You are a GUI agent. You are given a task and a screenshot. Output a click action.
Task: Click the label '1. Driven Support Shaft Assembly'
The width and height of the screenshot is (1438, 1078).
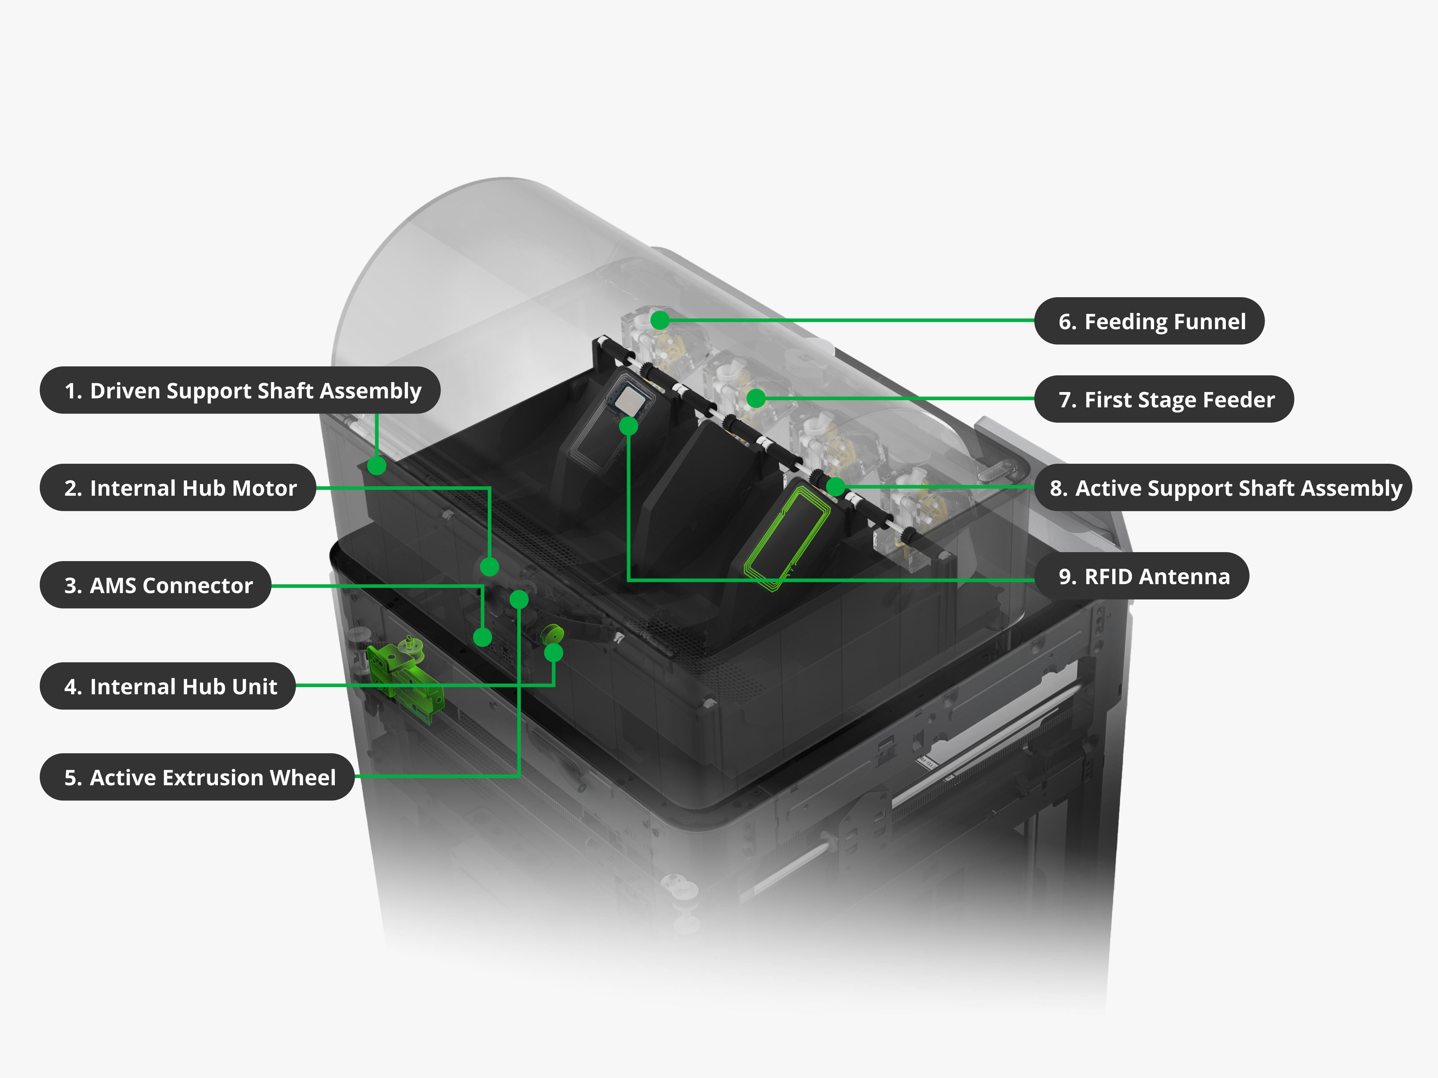point(240,390)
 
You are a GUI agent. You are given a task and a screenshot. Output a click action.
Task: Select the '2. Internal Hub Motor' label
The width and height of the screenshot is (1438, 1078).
point(178,488)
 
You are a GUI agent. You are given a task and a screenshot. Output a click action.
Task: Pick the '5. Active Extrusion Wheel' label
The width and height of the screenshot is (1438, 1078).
point(197,777)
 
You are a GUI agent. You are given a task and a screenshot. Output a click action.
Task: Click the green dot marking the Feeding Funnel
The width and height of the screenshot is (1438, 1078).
point(660,320)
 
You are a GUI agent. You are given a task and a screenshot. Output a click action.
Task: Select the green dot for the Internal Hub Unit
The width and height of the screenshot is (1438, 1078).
point(553,652)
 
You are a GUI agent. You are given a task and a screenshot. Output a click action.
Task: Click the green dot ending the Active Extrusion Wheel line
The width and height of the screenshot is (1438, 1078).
point(519,599)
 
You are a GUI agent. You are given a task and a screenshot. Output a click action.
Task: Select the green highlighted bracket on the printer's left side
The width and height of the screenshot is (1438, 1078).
point(403,676)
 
